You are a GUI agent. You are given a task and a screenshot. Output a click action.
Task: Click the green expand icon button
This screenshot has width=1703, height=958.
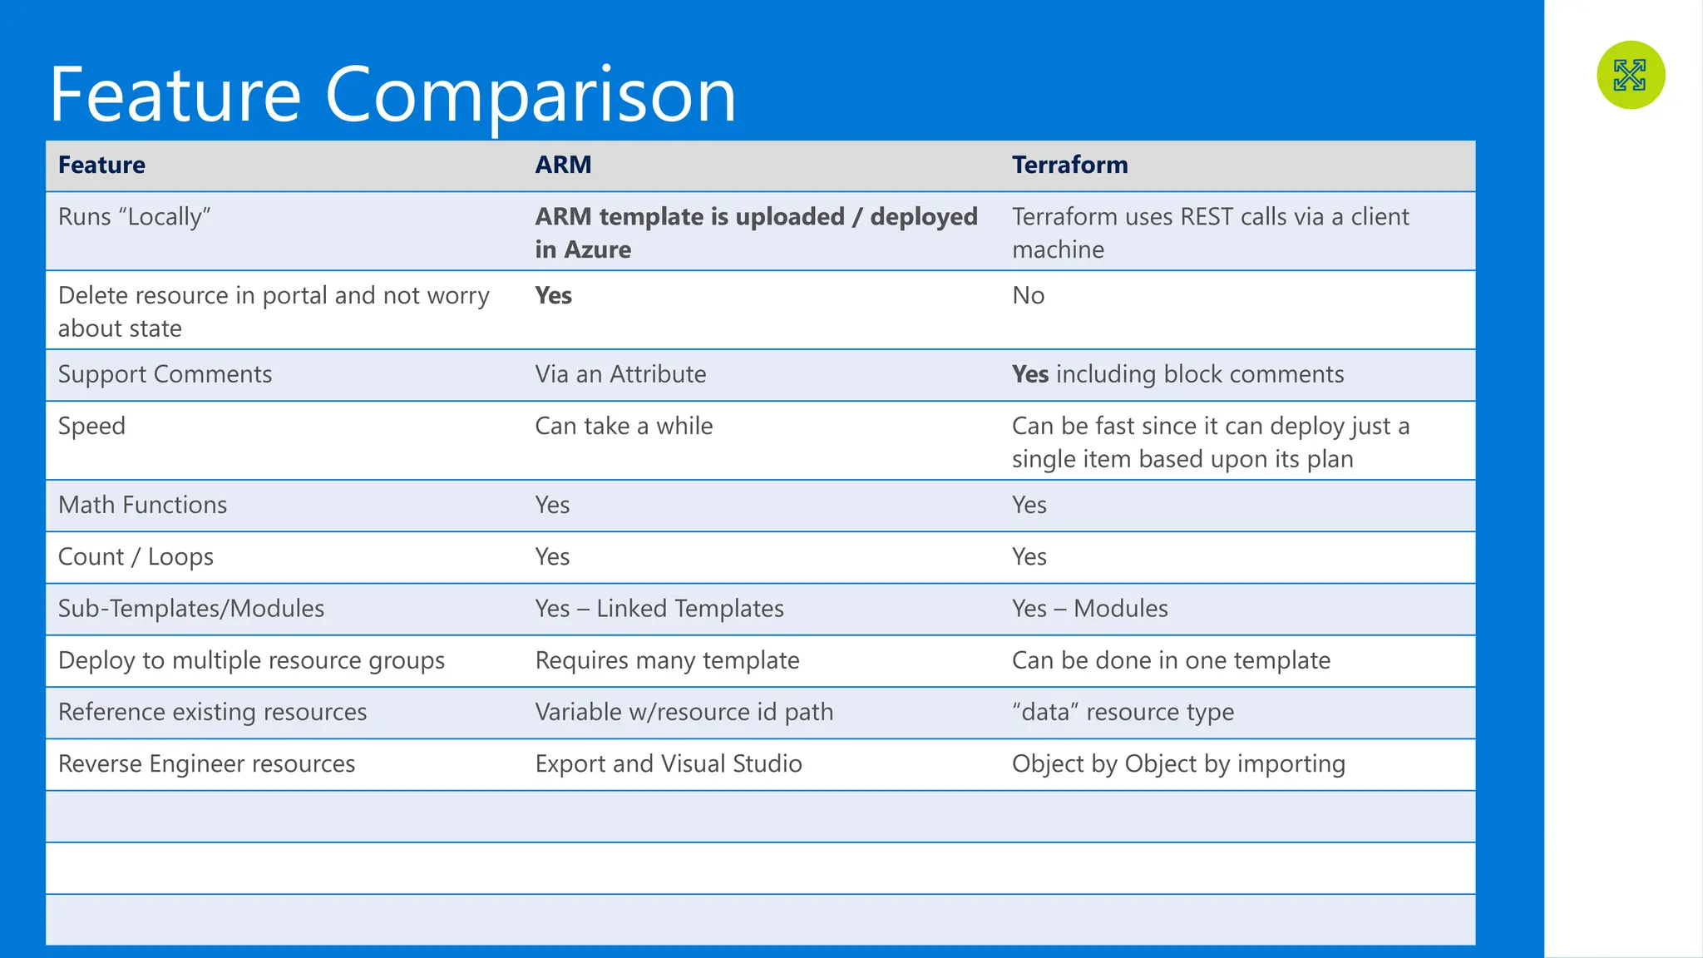(x=1630, y=75)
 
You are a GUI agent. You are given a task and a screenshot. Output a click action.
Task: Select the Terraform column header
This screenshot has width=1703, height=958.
(x=1069, y=165)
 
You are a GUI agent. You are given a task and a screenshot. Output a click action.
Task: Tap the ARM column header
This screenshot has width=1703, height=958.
(x=563, y=165)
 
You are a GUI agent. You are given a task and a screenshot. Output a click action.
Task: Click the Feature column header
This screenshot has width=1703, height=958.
(x=101, y=165)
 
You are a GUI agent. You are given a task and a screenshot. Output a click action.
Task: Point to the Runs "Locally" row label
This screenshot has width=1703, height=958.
(x=134, y=217)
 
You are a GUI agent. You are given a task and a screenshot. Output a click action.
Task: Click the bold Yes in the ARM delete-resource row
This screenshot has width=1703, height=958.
(x=553, y=295)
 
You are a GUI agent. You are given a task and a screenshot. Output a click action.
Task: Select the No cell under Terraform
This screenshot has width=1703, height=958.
(x=1028, y=295)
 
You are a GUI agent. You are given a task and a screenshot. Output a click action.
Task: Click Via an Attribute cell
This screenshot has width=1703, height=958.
(x=620, y=374)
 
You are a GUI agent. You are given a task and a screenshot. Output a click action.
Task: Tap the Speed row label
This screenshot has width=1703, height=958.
(x=91, y=426)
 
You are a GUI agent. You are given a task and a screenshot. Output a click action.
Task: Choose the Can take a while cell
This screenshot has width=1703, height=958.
(x=624, y=426)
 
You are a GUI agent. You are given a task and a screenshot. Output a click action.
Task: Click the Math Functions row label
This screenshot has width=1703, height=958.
(x=142, y=505)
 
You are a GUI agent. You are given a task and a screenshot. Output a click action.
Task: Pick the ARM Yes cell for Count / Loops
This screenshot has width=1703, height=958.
(x=552, y=556)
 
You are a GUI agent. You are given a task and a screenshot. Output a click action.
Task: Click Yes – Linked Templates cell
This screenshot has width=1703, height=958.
(x=659, y=609)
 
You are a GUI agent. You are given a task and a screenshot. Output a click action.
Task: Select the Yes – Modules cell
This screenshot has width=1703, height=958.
(x=1089, y=609)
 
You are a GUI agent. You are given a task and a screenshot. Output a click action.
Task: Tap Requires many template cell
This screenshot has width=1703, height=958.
(x=667, y=660)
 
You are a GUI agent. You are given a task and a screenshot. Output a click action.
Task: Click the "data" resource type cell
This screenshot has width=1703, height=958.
(x=1123, y=712)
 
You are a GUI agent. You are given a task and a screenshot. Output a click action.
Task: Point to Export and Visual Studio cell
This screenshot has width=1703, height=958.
(x=669, y=763)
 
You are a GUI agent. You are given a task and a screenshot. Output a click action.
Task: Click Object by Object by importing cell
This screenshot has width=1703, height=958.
(x=1177, y=763)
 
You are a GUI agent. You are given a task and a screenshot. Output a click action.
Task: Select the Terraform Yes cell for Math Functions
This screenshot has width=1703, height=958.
(x=1029, y=505)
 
